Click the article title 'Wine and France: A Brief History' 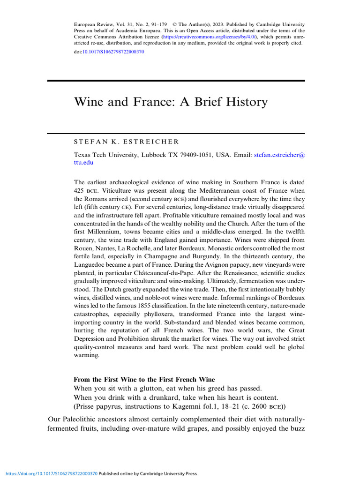(171, 102)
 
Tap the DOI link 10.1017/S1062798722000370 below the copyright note (113, 52)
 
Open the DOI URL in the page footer (49, 473)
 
